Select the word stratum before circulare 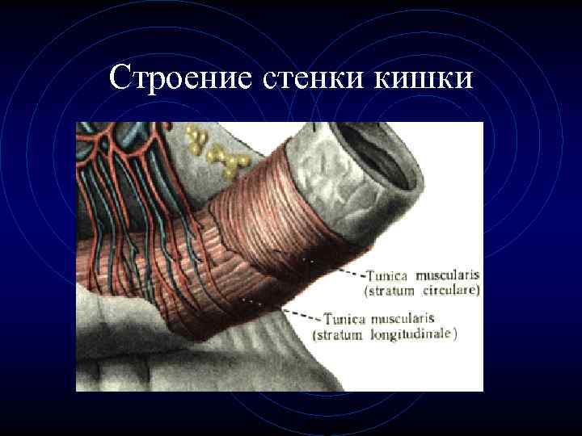pos(394,288)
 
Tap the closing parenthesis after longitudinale pos(454,334)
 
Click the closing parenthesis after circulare pos(478,288)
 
